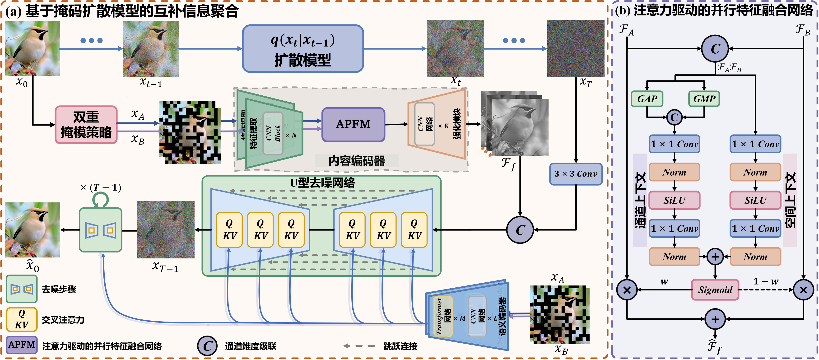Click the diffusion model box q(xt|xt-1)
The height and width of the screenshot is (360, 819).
point(303,49)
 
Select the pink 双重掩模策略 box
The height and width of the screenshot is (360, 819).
point(86,125)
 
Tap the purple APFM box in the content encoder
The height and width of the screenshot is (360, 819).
point(353,124)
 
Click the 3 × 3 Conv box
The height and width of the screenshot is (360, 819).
point(576,174)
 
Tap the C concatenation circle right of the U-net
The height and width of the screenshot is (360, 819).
point(520,230)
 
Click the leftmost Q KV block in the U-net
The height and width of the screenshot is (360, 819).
point(229,230)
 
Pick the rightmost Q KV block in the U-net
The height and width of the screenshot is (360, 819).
point(414,230)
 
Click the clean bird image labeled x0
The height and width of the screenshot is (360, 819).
point(33,48)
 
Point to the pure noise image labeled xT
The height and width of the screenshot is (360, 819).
point(576,49)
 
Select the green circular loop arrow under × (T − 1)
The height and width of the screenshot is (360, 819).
point(100,199)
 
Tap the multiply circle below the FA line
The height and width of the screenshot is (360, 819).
point(627,290)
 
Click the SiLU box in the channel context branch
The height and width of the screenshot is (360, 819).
point(674,200)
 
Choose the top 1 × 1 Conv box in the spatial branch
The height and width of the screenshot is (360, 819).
point(755,144)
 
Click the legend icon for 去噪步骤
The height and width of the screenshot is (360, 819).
point(22,289)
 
